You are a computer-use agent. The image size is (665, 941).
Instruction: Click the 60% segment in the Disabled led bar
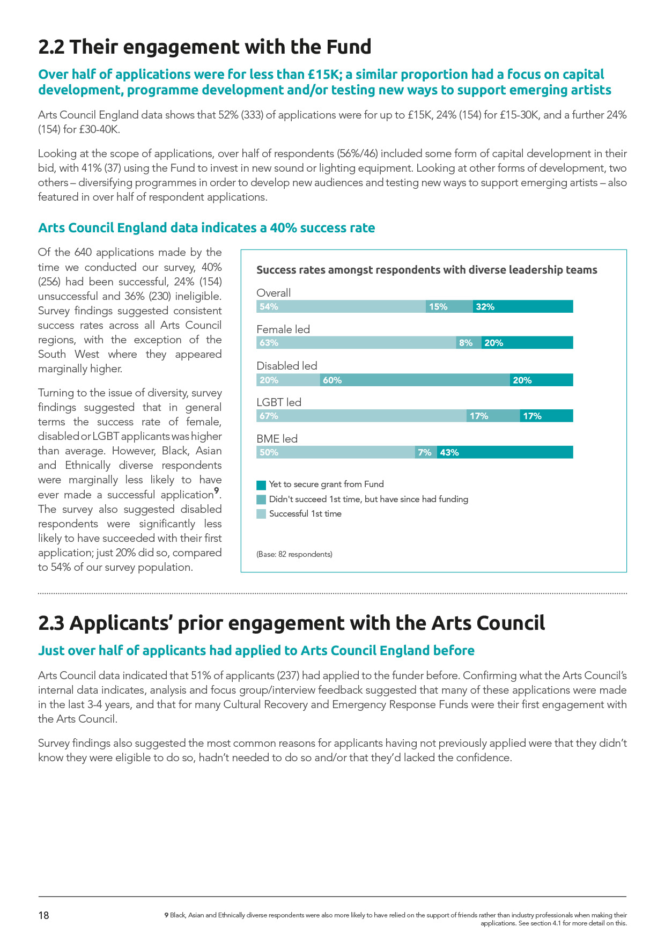coord(415,380)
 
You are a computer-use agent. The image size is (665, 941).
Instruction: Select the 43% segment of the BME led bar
coord(505,452)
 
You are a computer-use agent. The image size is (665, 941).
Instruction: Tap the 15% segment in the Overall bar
coord(449,307)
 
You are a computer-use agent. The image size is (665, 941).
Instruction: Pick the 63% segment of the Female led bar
coord(356,343)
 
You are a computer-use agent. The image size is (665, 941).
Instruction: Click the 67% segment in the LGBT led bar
coord(361,416)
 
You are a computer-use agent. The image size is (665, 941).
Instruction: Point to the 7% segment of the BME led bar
coord(426,452)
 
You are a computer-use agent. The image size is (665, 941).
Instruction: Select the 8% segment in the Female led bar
coord(468,343)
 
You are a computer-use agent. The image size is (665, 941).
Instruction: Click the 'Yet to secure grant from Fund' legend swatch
coord(261,485)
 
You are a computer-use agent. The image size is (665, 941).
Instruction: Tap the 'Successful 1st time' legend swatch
coord(261,514)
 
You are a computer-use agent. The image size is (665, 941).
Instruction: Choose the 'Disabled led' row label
coord(287,366)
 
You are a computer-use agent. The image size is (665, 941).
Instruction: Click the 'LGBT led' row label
coord(279,402)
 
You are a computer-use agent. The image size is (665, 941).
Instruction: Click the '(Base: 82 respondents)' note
coord(294,554)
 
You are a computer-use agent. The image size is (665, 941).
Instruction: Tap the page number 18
coord(43,915)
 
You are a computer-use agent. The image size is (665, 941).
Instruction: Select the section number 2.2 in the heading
coord(51,47)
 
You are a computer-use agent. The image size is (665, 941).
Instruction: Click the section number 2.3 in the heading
coord(51,623)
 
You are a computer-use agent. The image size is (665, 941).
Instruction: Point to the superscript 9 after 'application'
coord(217,490)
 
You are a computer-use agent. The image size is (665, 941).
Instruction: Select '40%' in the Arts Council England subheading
coord(283,228)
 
